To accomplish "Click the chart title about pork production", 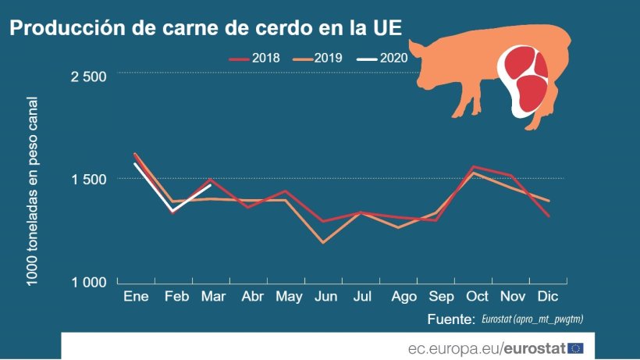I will [x=206, y=30].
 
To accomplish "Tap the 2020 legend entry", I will [x=382, y=59].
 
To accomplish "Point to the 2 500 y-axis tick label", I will [x=88, y=77].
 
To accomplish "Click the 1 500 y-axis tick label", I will [x=88, y=179].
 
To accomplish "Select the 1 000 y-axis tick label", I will [x=88, y=282].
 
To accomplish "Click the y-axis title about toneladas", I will [x=33, y=191].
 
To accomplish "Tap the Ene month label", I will [x=136, y=298].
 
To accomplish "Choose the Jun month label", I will [x=325, y=298].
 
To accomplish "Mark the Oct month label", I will [x=477, y=298].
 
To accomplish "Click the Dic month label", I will [x=552, y=298].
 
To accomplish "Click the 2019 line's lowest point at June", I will [x=323, y=243].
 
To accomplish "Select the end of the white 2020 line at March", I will [x=211, y=186].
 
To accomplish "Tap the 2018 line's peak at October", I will [x=474, y=166].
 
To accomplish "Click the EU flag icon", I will [x=576, y=348].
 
